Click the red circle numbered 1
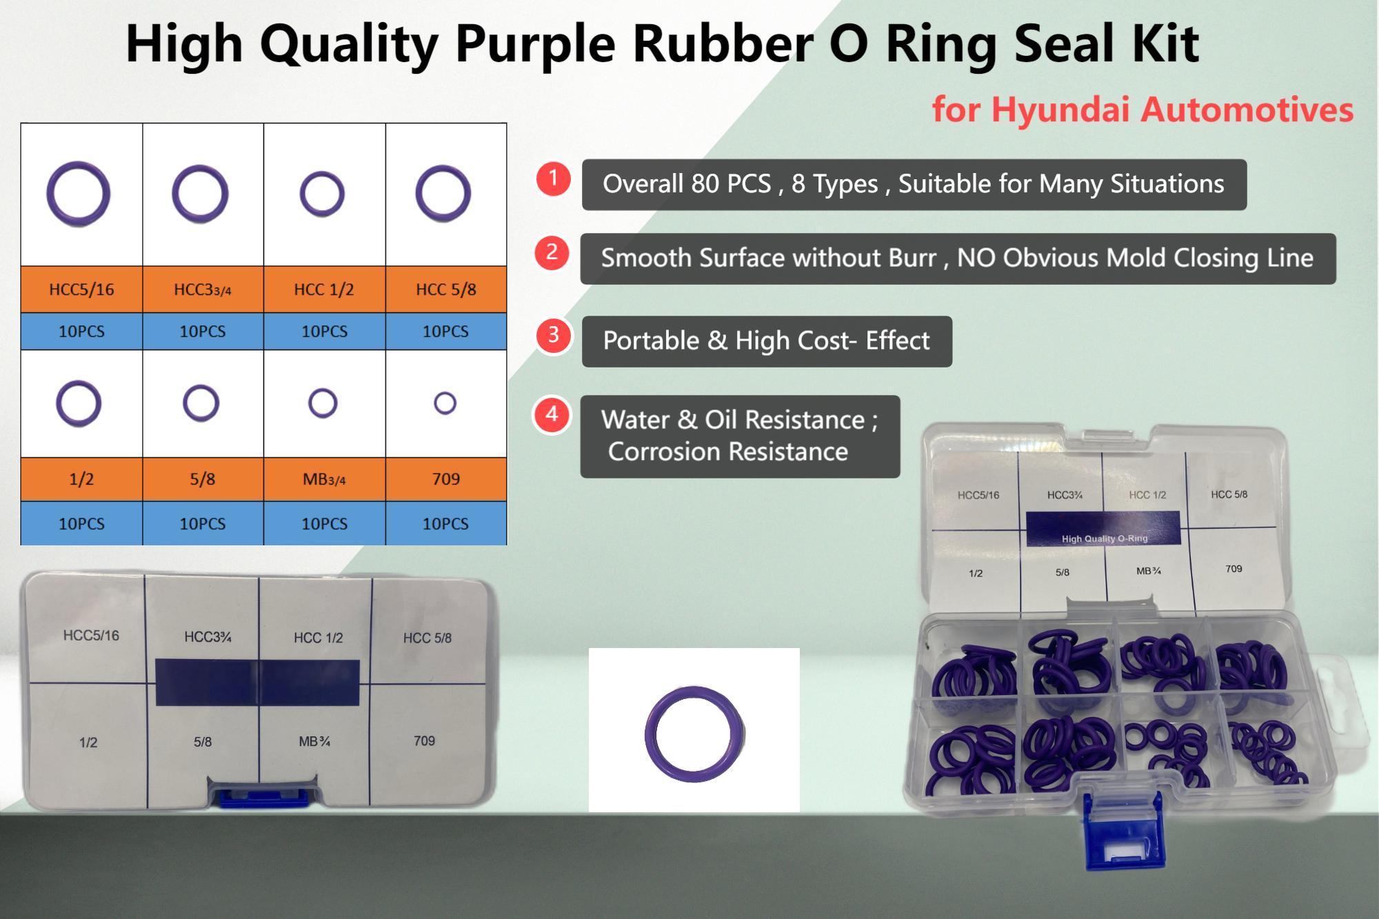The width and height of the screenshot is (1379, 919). (552, 179)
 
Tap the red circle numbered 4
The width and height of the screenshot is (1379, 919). (552, 415)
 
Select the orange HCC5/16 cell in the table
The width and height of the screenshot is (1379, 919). (81, 290)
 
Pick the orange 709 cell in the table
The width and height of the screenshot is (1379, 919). (445, 479)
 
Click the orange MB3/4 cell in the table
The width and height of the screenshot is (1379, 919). (324, 479)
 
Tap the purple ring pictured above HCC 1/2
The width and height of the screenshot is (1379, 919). (322, 194)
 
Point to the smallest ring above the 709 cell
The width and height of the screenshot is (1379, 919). (445, 403)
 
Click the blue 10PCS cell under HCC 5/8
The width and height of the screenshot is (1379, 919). (445, 332)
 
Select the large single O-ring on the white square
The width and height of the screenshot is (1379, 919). (695, 734)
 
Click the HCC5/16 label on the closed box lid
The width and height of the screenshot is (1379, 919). (91, 636)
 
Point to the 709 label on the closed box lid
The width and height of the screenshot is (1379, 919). (424, 741)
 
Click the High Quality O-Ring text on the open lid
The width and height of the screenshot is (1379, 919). (1105, 538)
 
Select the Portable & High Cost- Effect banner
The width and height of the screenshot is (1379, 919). (767, 341)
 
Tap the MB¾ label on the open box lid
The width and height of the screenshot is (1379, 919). (1149, 571)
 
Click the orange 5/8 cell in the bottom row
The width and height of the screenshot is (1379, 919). (203, 479)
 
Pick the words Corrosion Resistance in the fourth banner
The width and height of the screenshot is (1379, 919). (728, 452)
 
